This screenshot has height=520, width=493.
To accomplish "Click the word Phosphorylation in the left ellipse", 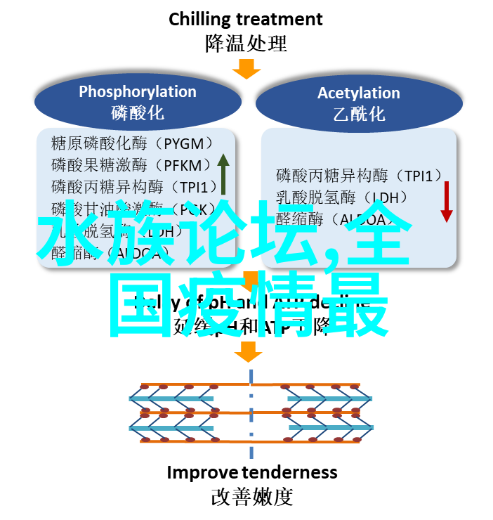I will (137, 91).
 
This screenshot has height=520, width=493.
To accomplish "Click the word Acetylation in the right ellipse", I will (358, 93).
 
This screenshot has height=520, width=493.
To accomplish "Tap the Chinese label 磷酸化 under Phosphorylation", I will (137, 112).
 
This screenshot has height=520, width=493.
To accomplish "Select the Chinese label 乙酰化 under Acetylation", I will (358, 114).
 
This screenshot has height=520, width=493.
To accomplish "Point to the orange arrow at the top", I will (246, 69).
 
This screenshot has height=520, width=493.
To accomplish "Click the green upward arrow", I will (223, 174).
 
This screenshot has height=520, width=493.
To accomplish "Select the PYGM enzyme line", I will (132, 143).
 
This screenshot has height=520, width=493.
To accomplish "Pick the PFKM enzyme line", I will (131, 166).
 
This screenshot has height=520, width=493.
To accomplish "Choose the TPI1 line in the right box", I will (359, 176).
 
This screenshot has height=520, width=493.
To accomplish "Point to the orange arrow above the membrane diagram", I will (248, 351).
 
